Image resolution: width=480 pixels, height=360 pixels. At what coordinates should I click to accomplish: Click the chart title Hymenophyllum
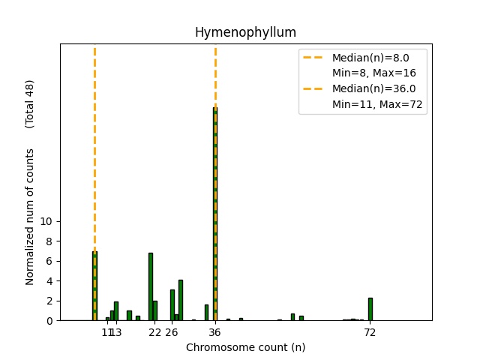[x=245, y=32]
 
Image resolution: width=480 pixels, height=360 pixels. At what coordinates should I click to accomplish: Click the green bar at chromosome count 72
[x=370, y=309]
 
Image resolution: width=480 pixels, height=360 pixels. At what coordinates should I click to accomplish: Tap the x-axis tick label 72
[x=370, y=332]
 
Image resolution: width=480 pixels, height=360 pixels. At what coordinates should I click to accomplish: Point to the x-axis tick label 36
[x=215, y=332]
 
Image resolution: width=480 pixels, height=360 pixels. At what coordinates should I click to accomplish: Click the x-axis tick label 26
[x=172, y=332]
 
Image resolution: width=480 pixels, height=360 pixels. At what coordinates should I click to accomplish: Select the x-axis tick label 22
[x=154, y=332]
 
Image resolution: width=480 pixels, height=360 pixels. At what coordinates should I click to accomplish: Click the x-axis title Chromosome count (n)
[x=245, y=347]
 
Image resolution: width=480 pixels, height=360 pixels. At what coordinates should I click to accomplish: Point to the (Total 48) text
[x=30, y=103]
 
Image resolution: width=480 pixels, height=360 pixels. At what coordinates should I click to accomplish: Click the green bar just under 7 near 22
[x=150, y=286]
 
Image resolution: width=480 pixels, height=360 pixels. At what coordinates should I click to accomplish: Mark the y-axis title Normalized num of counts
[x=30, y=216]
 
